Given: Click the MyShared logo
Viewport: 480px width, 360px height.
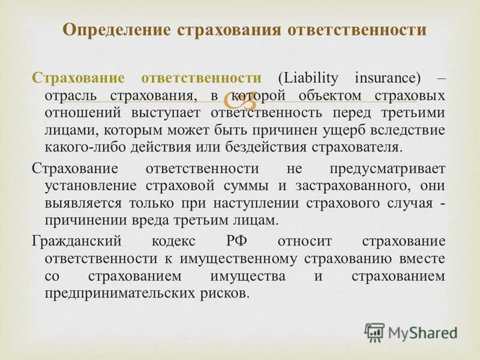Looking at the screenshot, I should (412, 332).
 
